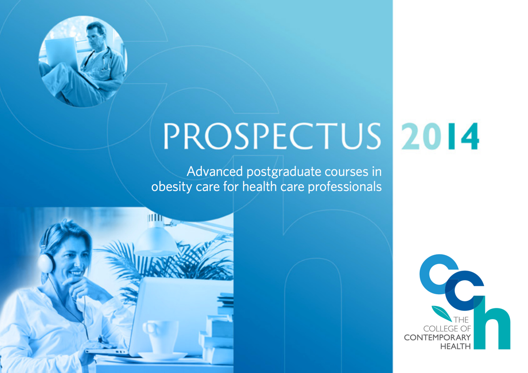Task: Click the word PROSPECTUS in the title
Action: tap(272, 136)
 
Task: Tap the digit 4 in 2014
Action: tap(470, 136)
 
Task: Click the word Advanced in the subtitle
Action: tap(215, 172)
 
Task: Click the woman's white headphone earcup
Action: tap(47, 263)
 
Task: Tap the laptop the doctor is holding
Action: tap(62, 53)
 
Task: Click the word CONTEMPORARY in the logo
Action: tap(437, 337)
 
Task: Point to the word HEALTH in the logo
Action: tap(455, 346)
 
